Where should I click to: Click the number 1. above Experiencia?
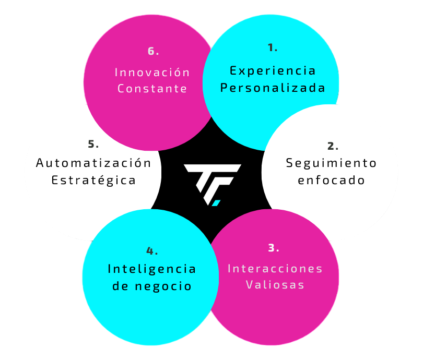click(272, 48)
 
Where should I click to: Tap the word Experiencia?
click(273, 70)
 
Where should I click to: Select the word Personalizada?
click(273, 88)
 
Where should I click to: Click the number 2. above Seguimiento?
click(333, 146)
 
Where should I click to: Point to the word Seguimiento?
click(331, 163)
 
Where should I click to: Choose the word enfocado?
click(331, 181)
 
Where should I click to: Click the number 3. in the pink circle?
click(274, 248)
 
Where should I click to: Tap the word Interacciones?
click(275, 269)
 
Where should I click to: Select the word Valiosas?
click(275, 285)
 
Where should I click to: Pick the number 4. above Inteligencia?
click(152, 251)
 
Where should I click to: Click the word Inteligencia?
click(152, 269)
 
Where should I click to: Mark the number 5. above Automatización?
click(93, 144)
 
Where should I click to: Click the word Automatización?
click(93, 163)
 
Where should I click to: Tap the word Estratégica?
click(93, 181)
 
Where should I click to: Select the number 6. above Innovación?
click(153, 51)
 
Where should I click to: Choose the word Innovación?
click(152, 72)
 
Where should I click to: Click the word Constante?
click(152, 89)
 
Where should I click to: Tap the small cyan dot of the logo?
click(216, 202)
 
